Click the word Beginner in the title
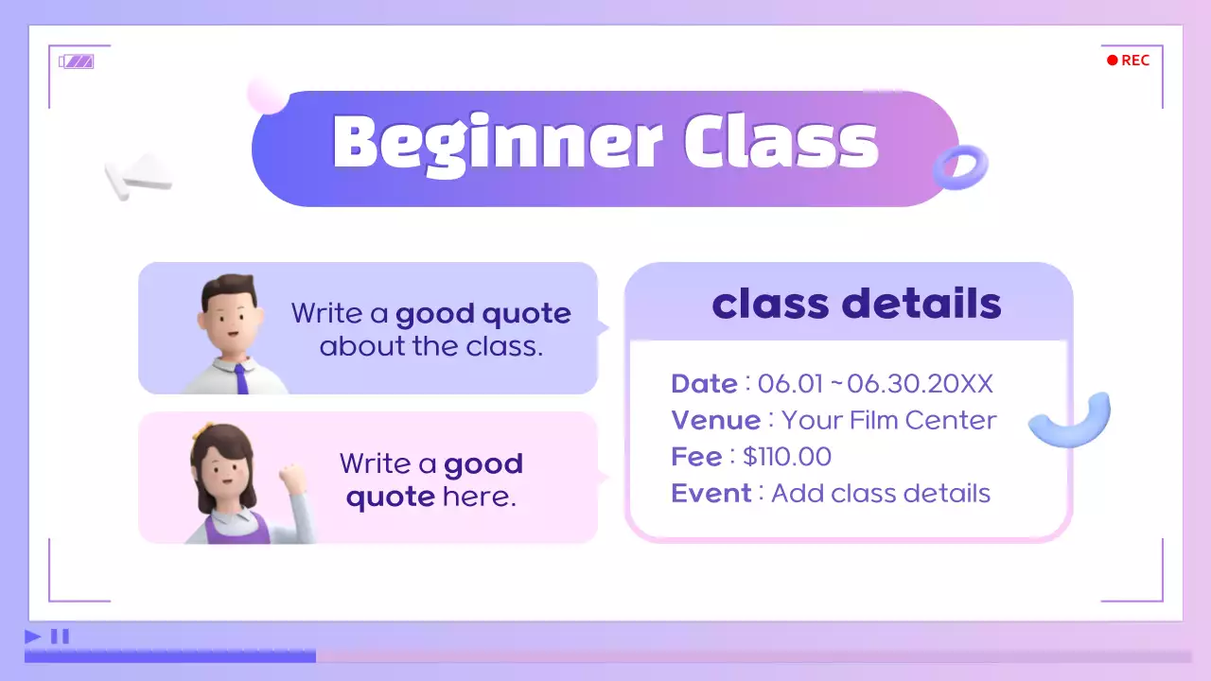click(x=498, y=144)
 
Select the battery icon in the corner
click(x=77, y=61)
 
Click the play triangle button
click(x=33, y=637)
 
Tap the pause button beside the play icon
click(x=60, y=637)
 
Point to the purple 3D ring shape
click(x=959, y=168)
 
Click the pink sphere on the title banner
click(x=267, y=95)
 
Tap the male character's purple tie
click(x=241, y=379)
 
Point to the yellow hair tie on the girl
click(x=198, y=432)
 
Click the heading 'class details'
click(x=856, y=304)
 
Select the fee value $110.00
click(x=787, y=457)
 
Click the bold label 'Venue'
click(x=715, y=420)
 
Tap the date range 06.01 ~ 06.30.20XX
click(x=875, y=384)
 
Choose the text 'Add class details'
click(x=881, y=494)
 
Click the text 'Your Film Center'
click(x=889, y=420)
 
